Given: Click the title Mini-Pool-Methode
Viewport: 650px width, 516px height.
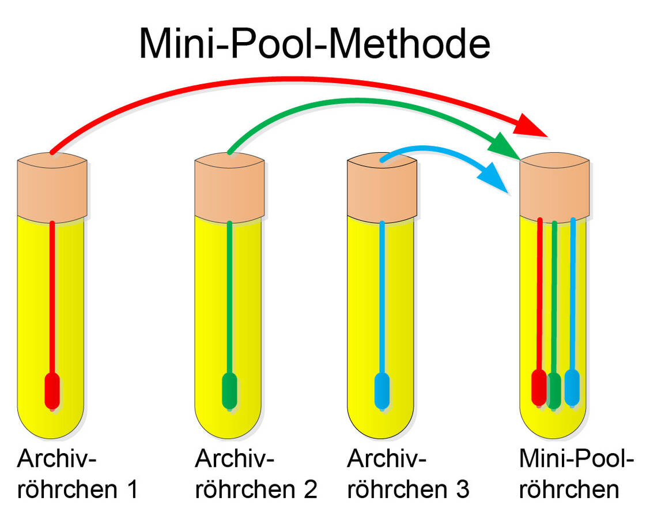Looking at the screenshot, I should [x=314, y=43].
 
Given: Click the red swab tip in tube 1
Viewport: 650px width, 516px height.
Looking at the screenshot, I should [x=52, y=391].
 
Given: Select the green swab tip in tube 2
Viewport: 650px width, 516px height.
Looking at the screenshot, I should [x=230, y=391].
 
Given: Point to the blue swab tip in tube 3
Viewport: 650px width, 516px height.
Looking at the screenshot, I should [x=382, y=391].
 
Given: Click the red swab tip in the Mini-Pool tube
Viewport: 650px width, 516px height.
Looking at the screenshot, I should [x=539, y=387].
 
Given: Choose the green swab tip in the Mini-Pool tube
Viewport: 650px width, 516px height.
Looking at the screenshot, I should [x=554, y=389].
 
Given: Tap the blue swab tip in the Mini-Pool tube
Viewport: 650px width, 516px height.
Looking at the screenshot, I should [x=572, y=387].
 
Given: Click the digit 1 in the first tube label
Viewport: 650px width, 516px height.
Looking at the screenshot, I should [x=131, y=489].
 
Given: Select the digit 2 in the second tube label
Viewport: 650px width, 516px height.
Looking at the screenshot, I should [x=309, y=489].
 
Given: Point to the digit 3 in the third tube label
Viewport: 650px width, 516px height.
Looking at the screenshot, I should [x=462, y=489].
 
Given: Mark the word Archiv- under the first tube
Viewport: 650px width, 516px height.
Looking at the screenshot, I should [x=57, y=461].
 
